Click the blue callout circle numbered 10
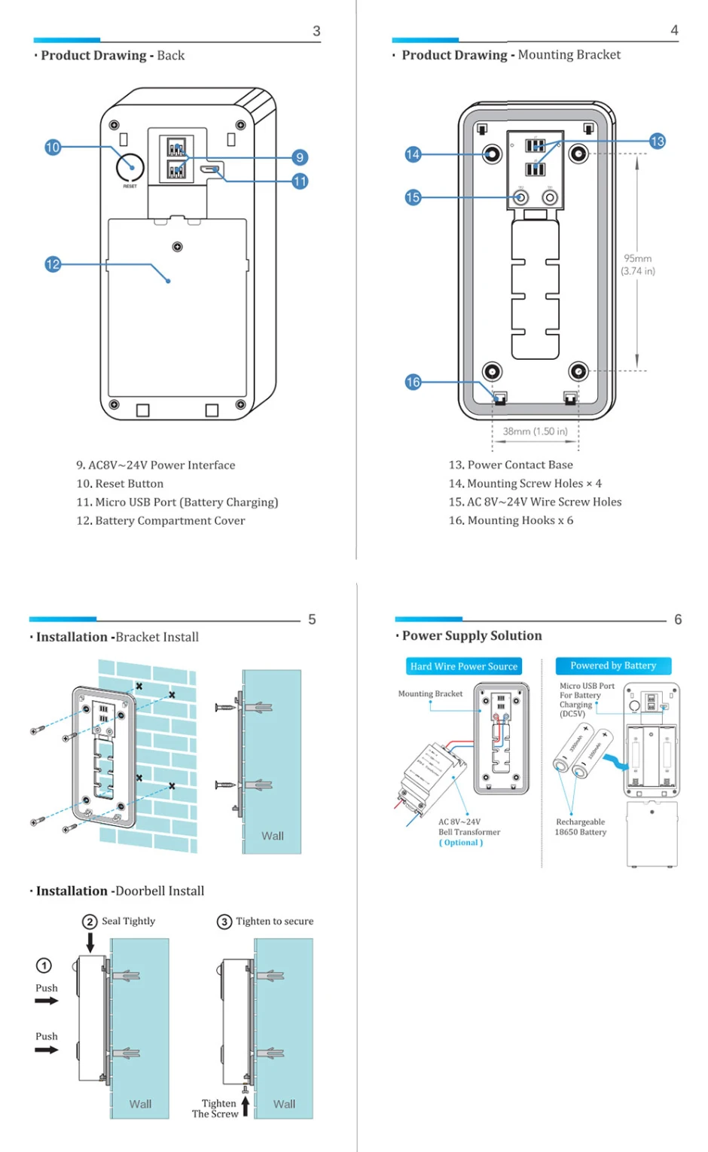52,148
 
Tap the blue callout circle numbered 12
52,264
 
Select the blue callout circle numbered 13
658,141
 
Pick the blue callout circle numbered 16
413,382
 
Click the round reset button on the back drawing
130,167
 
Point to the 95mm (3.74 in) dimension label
638,264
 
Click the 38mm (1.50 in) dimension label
535,431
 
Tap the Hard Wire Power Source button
463,666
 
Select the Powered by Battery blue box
613,666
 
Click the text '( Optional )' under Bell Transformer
461,843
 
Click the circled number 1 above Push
44,965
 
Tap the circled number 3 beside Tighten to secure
224,922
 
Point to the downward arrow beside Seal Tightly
90,942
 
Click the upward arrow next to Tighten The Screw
246,1105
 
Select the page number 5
312,620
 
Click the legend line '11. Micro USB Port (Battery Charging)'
177,502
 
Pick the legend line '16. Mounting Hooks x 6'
511,520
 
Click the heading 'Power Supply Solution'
471,635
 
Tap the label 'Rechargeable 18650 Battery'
580,827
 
